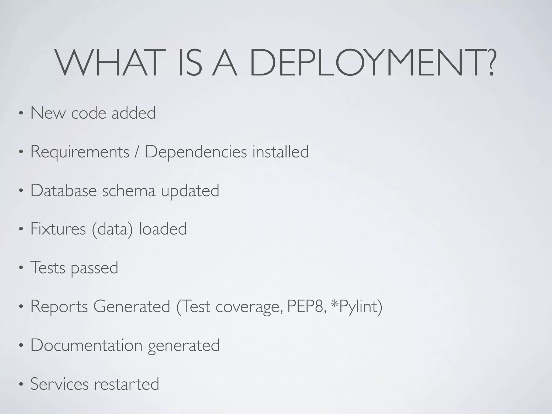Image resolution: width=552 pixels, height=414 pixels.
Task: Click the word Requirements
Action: coord(80,152)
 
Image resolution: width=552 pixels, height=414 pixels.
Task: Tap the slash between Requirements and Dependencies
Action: coord(137,151)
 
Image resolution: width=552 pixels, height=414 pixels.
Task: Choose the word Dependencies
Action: coord(196,152)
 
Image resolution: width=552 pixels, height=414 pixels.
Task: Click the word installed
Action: coord(281,151)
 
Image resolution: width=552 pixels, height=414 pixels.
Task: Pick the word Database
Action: coord(64,190)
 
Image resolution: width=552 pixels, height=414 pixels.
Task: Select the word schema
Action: coord(129,190)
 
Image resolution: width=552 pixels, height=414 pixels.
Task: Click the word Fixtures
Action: coord(58,229)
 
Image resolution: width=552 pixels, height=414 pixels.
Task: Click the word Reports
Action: coord(59,307)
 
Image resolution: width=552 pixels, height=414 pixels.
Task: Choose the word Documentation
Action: coord(86,345)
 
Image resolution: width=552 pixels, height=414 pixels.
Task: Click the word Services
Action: coord(59,384)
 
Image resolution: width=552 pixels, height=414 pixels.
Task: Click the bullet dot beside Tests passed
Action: coord(20,268)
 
